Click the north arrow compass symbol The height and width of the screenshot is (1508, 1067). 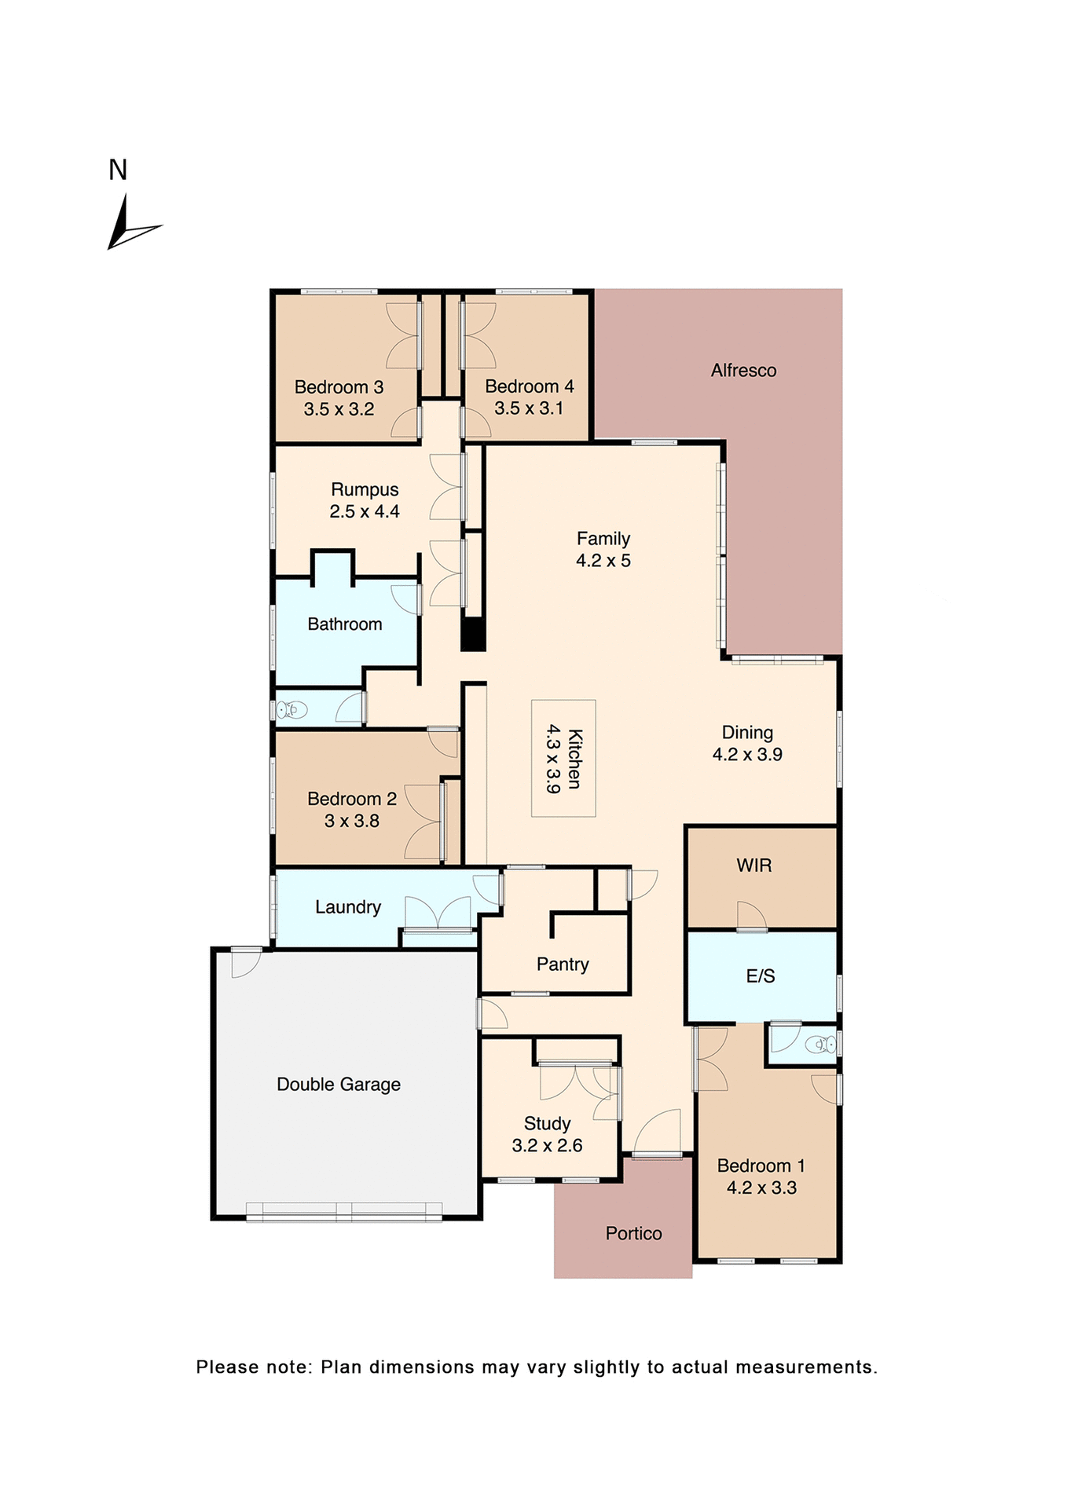pyautogui.click(x=128, y=226)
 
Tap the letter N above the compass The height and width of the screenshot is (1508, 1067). pyautogui.click(x=118, y=170)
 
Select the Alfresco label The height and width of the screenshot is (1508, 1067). pyautogui.click(x=743, y=371)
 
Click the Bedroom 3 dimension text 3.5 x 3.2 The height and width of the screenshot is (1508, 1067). pyautogui.click(x=339, y=409)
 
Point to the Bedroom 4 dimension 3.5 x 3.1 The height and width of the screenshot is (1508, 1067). pyautogui.click(x=528, y=408)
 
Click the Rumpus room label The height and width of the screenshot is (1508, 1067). pyautogui.click(x=365, y=489)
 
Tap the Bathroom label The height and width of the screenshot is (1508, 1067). pyautogui.click(x=344, y=624)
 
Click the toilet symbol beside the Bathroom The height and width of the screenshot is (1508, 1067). pyautogui.click(x=291, y=710)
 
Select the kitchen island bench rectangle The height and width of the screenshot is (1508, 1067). pyautogui.click(x=563, y=758)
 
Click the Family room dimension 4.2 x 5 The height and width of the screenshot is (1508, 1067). pyautogui.click(x=603, y=561)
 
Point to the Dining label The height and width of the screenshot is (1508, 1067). pyautogui.click(x=747, y=733)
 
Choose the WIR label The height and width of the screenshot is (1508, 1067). pyautogui.click(x=753, y=866)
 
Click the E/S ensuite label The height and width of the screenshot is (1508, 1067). pyautogui.click(x=760, y=976)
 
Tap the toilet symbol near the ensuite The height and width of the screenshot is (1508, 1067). pyautogui.click(x=821, y=1045)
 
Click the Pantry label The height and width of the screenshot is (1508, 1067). pyautogui.click(x=563, y=964)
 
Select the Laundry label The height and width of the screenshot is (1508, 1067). pyautogui.click(x=348, y=907)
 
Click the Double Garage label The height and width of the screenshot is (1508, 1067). pyautogui.click(x=339, y=1085)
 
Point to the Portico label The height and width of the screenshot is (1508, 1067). pyautogui.click(x=633, y=1234)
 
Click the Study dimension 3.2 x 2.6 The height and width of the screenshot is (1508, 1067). pyautogui.click(x=547, y=1146)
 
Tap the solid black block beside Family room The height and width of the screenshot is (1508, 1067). pyautogui.click(x=473, y=633)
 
